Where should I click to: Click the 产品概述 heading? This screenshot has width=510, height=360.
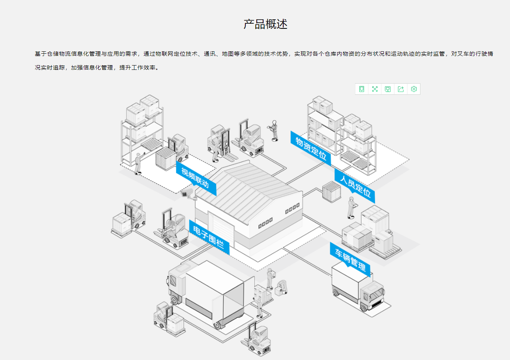265,24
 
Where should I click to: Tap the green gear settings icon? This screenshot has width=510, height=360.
414,89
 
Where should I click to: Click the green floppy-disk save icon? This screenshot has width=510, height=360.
388,89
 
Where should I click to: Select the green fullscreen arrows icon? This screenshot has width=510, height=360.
375,89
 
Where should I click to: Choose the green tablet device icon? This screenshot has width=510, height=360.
362,89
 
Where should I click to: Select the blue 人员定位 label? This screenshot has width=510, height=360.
355,186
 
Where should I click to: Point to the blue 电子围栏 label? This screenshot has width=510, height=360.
209,236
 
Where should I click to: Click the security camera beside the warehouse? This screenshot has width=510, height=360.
187,193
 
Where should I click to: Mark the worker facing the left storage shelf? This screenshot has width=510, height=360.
138,163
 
